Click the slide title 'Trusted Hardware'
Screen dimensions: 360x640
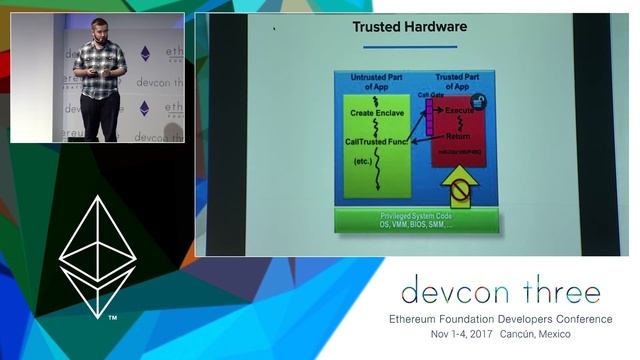396,26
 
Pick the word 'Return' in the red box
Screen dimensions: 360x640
458,136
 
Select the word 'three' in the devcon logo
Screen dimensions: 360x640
554,292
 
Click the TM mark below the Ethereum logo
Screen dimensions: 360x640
112,318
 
